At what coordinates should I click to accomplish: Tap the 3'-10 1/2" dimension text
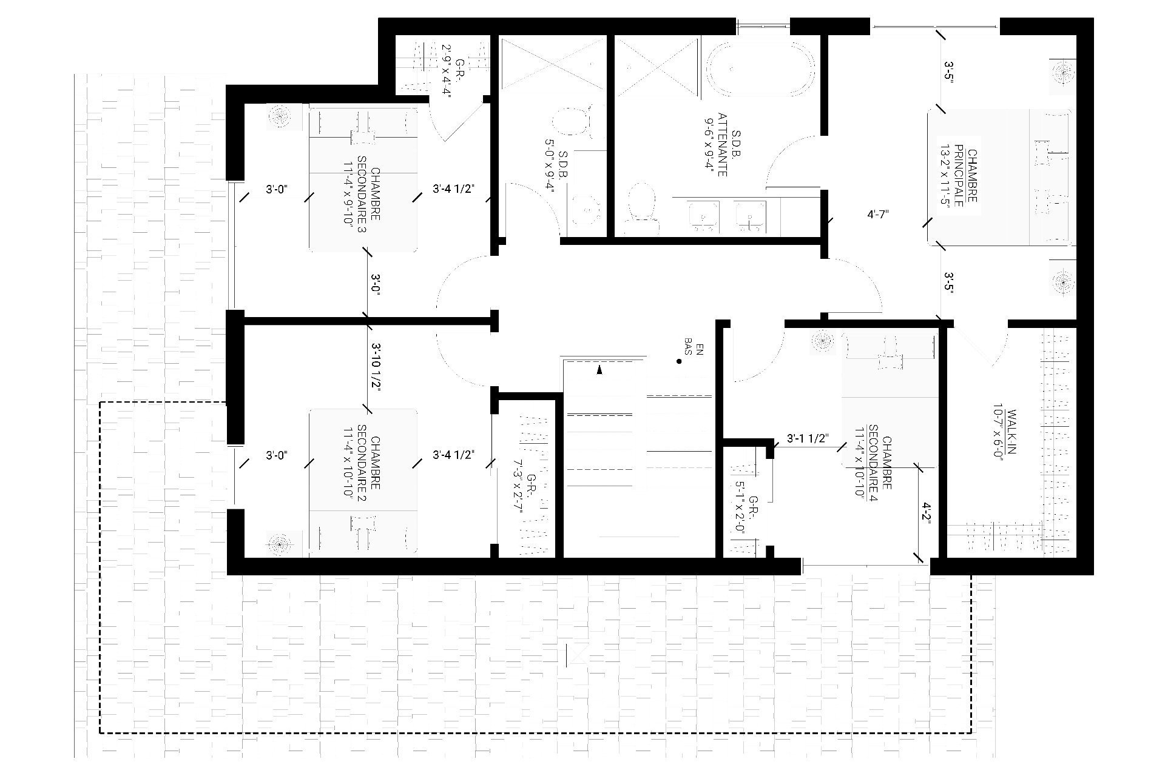(x=376, y=369)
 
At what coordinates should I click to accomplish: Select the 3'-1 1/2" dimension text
(x=807, y=438)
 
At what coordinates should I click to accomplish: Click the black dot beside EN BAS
(x=679, y=362)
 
